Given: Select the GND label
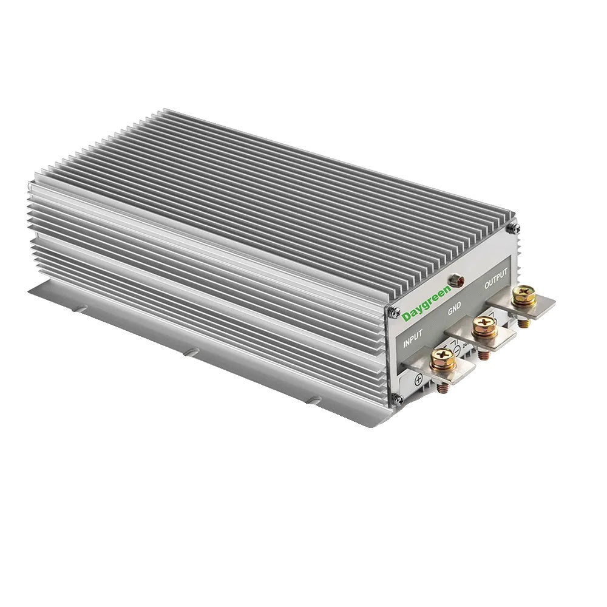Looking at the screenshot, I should (454, 309).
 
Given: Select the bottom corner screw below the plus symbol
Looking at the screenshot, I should (398, 399).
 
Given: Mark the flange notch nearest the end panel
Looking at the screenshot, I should (314, 399).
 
